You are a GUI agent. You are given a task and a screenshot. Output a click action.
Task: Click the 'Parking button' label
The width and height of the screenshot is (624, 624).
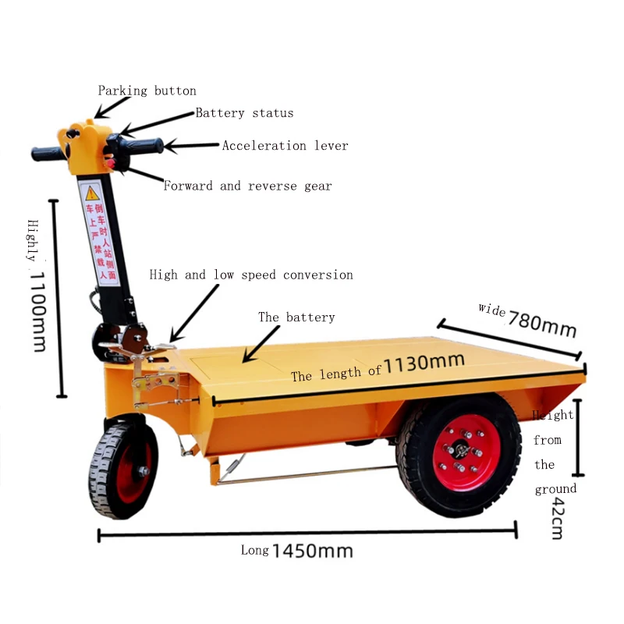pyautogui.click(x=147, y=90)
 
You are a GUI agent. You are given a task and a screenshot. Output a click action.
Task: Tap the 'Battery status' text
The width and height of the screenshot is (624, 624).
pyautogui.click(x=244, y=113)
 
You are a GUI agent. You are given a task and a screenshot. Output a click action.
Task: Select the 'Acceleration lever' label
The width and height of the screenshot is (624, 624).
pyautogui.click(x=285, y=146)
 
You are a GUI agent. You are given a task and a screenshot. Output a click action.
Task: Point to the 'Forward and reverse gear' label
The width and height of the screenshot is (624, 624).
pyautogui.click(x=247, y=186)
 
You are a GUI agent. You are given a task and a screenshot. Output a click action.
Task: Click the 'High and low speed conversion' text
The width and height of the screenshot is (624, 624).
pyautogui.click(x=251, y=275)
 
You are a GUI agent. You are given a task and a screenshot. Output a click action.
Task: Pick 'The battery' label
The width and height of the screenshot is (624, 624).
pyautogui.click(x=296, y=317)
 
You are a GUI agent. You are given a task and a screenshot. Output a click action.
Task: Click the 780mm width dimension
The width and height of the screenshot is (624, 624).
pyautogui.click(x=542, y=323)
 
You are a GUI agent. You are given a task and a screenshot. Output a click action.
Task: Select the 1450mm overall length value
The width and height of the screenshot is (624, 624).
pyautogui.click(x=312, y=551)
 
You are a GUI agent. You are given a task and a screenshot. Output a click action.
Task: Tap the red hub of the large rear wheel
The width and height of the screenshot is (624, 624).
pyautogui.click(x=466, y=452)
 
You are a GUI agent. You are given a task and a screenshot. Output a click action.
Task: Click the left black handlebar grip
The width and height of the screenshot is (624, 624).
pyautogui.click(x=49, y=154)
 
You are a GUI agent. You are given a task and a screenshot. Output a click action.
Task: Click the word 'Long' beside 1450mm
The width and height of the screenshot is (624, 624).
pyautogui.click(x=254, y=550)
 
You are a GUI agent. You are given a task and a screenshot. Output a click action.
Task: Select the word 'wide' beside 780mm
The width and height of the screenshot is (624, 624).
pyautogui.click(x=492, y=310)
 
